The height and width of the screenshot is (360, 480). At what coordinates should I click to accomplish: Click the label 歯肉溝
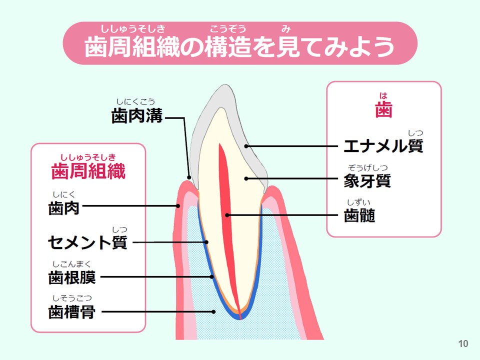136,116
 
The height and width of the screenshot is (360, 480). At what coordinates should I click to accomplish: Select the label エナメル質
383,146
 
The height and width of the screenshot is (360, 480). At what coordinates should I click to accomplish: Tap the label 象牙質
367,180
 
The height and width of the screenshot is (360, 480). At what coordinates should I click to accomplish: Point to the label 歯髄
359,215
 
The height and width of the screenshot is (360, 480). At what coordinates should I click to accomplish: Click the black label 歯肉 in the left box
63,208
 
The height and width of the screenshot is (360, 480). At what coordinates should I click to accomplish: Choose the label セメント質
87,242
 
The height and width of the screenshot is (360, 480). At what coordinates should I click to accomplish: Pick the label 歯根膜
72,277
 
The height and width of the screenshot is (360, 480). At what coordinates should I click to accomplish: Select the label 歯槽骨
72,312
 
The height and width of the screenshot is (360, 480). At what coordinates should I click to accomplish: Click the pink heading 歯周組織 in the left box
88,171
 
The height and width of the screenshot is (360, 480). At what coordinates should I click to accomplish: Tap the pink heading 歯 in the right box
383,109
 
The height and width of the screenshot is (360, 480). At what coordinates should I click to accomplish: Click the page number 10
463,344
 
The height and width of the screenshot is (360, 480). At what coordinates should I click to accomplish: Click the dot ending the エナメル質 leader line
246,146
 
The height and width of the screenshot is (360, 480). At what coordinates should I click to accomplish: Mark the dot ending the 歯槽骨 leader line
213,312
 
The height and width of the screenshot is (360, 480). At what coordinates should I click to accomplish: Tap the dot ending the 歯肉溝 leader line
189,177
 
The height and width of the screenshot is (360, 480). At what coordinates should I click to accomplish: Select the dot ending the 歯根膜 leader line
212,276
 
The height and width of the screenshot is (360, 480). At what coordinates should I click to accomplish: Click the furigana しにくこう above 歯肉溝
135,101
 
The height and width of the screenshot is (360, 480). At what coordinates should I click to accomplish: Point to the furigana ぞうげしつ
367,167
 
